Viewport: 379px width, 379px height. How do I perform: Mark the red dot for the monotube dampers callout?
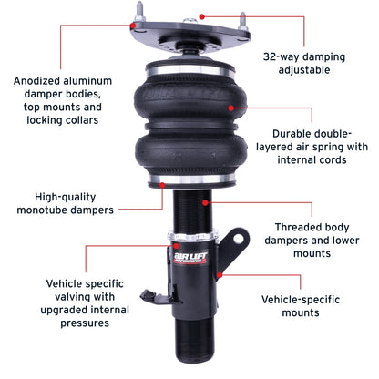(162, 183)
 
